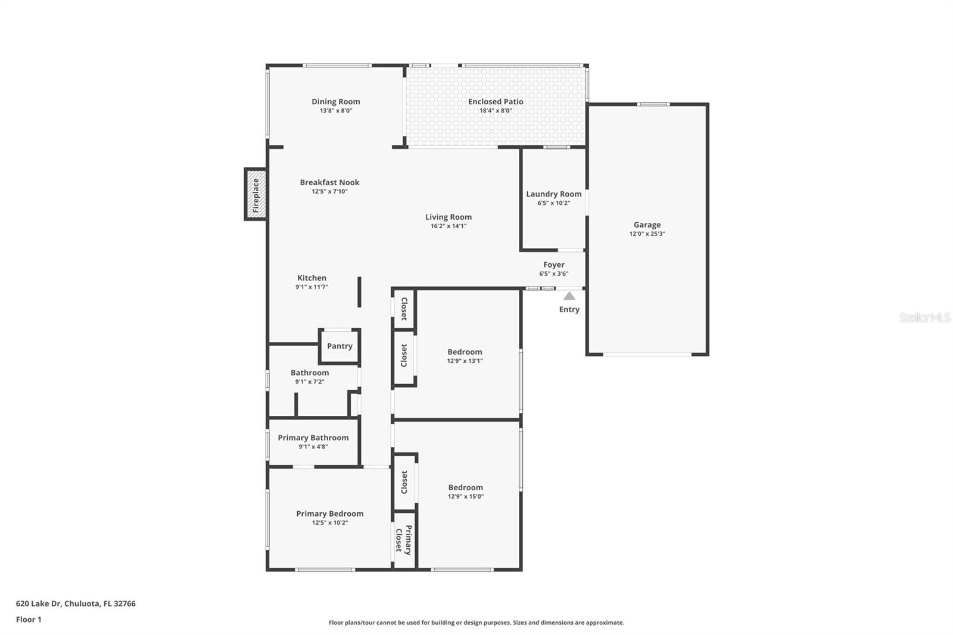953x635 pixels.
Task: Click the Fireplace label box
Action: (x=256, y=195)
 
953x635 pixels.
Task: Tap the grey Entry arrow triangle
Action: (x=569, y=296)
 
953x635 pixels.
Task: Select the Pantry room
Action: (x=340, y=346)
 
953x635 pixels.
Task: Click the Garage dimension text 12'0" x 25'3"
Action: (x=647, y=234)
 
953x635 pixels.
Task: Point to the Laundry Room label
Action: (x=553, y=194)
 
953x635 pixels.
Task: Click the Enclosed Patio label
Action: (x=496, y=102)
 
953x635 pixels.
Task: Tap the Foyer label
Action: (x=553, y=265)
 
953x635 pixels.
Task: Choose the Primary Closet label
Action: (x=404, y=540)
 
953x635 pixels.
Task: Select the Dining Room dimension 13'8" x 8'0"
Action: (x=336, y=111)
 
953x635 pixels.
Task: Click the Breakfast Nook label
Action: (x=329, y=183)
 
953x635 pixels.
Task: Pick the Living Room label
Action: (x=448, y=217)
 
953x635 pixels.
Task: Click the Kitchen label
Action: (x=312, y=278)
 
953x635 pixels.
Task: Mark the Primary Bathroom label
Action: (x=313, y=438)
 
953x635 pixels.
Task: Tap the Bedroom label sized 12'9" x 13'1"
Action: (x=465, y=352)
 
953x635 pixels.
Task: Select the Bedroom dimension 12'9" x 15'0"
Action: (x=465, y=497)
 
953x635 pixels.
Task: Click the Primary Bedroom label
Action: (x=329, y=514)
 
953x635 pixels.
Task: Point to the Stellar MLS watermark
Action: (x=924, y=317)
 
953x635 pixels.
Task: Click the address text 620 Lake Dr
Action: (x=76, y=603)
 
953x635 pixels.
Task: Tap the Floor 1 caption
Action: (x=29, y=620)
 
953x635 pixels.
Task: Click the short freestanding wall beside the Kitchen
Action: (x=359, y=292)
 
